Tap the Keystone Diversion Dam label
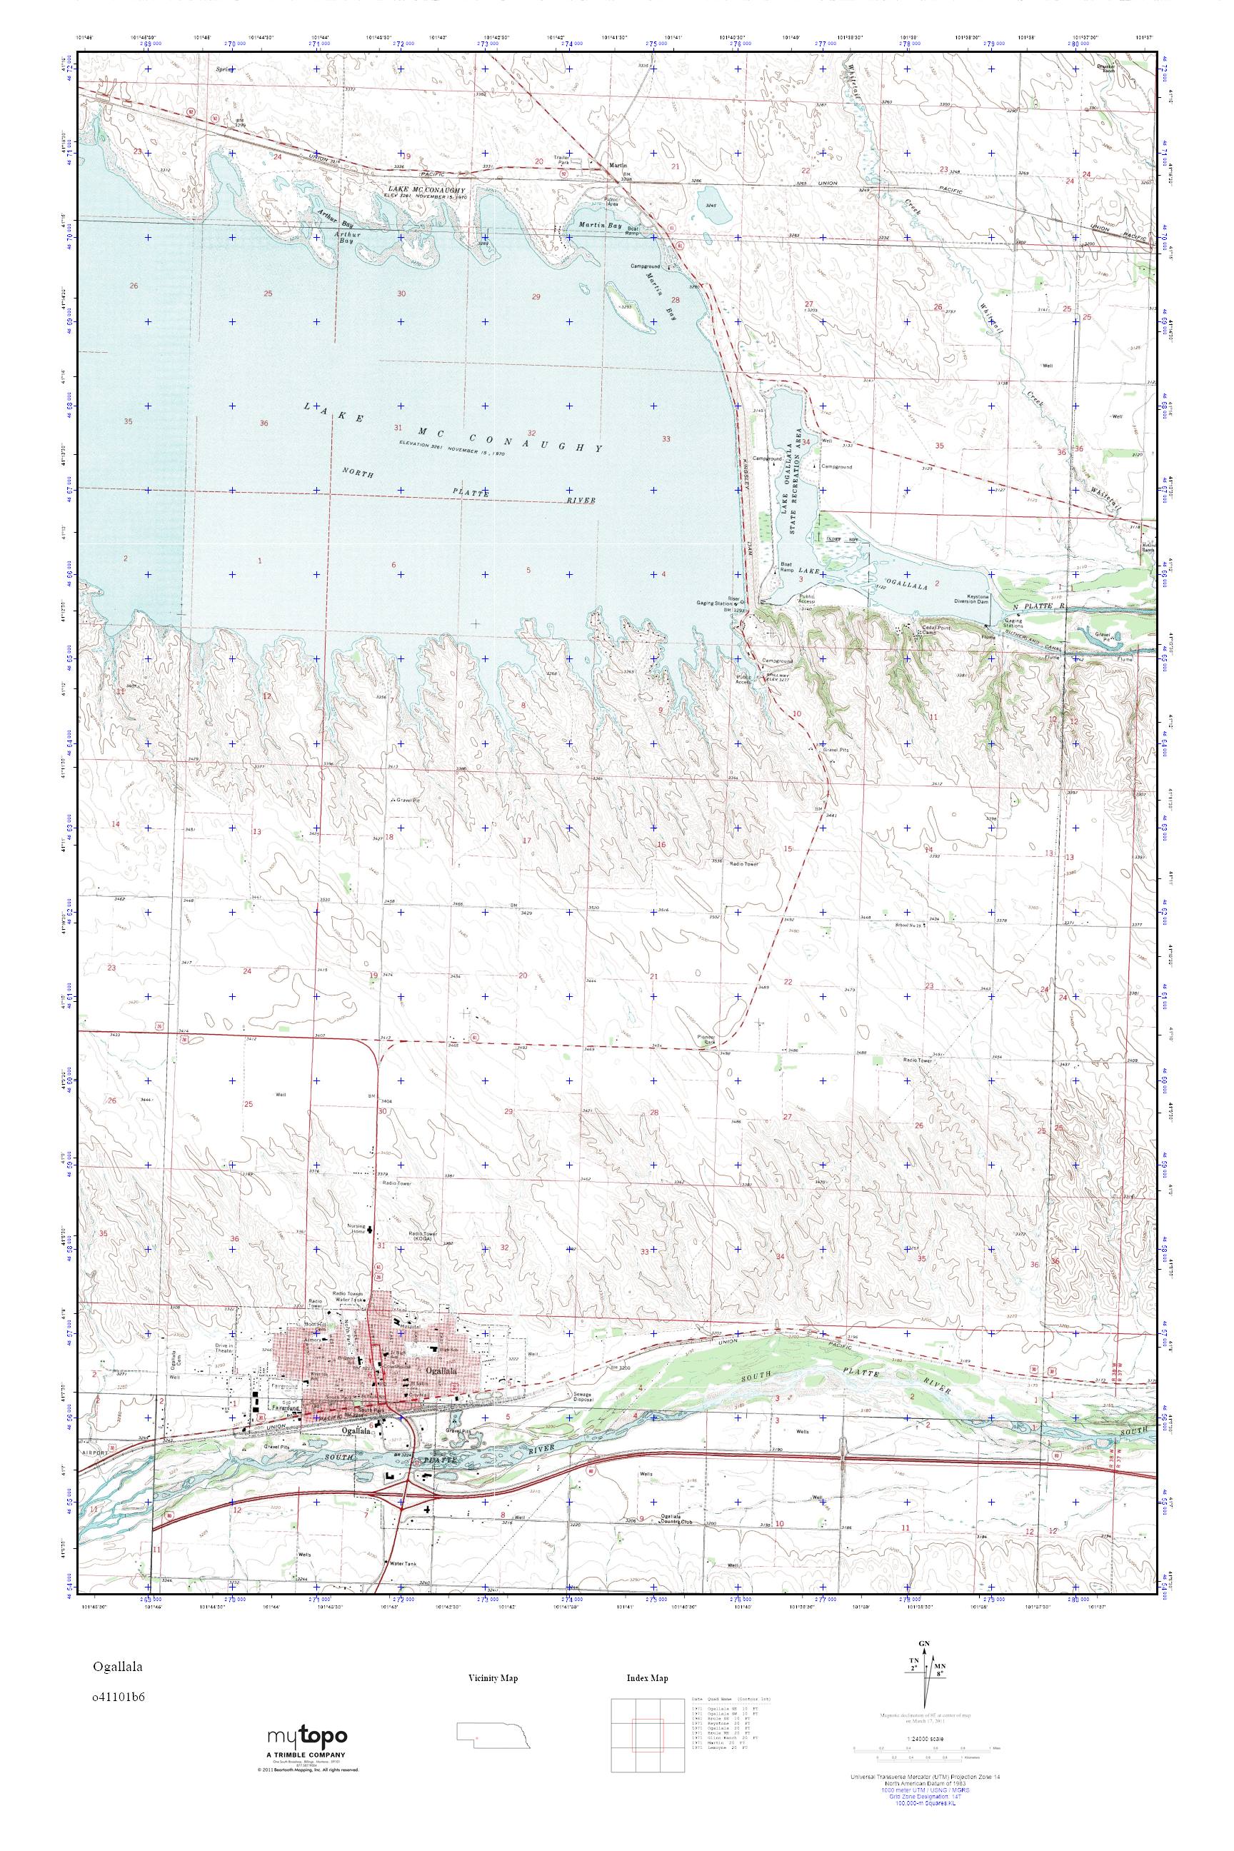pyautogui.click(x=988, y=599)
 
